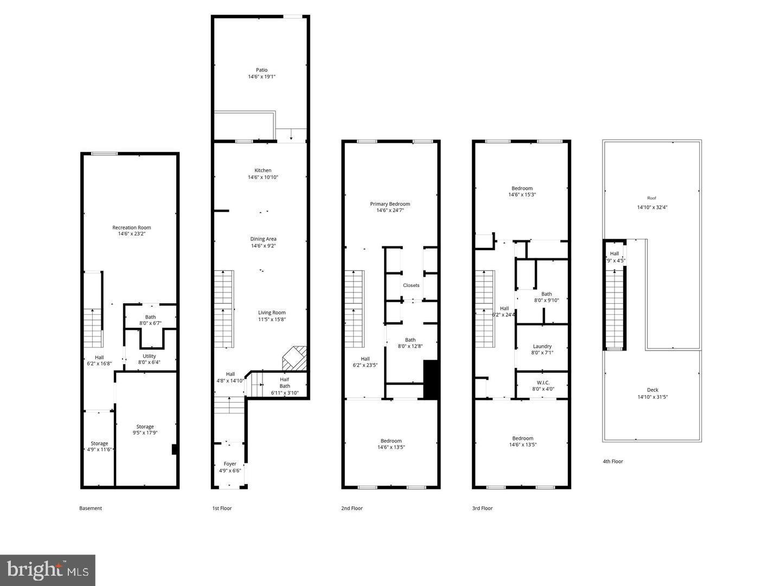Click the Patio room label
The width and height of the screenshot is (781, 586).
point(262,70)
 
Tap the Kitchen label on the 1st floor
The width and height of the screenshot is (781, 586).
point(263,170)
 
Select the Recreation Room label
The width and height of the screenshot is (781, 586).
point(132,227)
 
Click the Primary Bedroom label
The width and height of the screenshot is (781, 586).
point(390,204)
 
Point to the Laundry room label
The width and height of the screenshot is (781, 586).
point(542,346)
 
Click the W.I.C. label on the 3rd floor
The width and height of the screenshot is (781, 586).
point(542,383)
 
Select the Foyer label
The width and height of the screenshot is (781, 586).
point(230,464)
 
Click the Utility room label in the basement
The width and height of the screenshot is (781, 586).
point(149,356)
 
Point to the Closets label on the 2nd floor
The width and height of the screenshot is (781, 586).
point(411,285)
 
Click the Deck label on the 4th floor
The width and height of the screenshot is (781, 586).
point(652,390)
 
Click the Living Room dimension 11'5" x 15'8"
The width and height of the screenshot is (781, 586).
point(272,320)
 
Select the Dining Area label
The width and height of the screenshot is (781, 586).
point(264,239)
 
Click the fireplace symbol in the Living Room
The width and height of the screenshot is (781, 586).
point(295,358)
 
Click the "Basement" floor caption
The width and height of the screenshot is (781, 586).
point(91,508)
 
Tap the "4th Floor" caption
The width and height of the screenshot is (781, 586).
point(613,462)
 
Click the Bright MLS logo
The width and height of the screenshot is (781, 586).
point(48,570)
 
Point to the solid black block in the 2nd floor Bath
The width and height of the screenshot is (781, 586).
point(431,380)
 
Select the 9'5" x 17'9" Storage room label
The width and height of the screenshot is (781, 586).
point(145,430)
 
